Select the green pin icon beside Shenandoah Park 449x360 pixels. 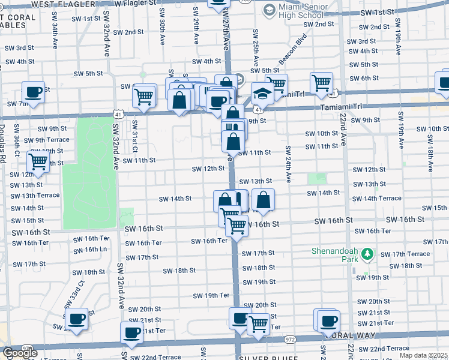click(366, 255)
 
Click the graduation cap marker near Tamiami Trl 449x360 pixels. click(262, 94)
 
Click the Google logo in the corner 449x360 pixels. click(19, 353)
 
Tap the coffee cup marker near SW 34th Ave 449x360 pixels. click(33, 92)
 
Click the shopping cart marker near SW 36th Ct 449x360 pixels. click(38, 161)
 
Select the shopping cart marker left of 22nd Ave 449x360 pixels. click(322, 83)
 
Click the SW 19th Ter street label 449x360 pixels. click(211, 295)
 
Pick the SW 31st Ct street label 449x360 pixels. click(135, 137)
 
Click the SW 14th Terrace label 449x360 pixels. click(376, 199)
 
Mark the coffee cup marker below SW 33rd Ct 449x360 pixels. click(76, 319)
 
